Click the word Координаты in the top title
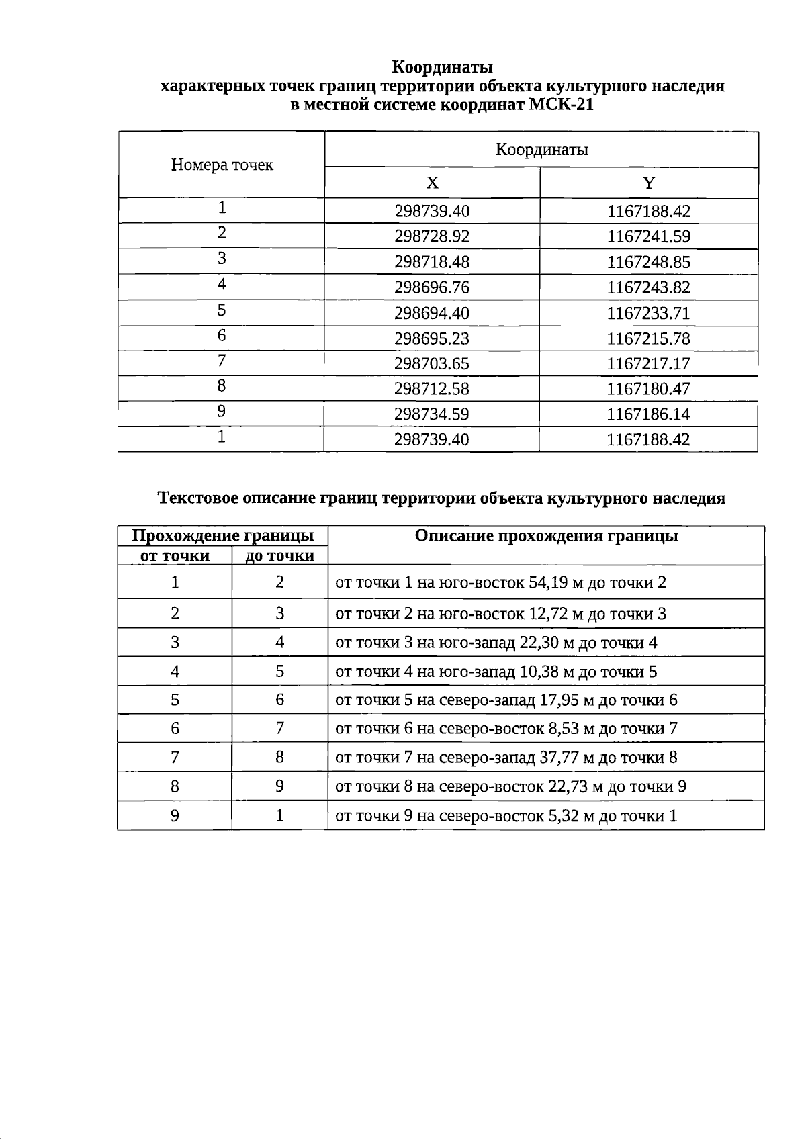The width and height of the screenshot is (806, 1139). pos(442,67)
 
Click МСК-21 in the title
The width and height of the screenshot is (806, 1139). pos(562,105)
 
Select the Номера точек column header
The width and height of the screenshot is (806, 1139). pos(222,165)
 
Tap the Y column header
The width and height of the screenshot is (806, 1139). pos(648,183)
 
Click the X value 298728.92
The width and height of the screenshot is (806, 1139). pos(432,237)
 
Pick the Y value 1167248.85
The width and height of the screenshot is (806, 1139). pos(648,263)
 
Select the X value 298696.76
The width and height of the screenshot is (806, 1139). pos(432,288)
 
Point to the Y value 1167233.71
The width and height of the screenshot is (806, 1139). pos(648,314)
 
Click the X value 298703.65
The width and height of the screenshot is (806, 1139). pos(432,364)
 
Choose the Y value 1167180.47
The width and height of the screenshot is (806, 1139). pos(648,389)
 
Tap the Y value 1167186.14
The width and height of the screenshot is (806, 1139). pos(648,414)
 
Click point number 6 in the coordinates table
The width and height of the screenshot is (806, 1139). pos(222,335)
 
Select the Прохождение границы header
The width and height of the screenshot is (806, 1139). pos(223,535)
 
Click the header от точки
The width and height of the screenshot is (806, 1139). pos(175,556)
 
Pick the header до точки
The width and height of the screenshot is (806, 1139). pos(280,556)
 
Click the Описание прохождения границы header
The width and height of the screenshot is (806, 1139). pos(546,536)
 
